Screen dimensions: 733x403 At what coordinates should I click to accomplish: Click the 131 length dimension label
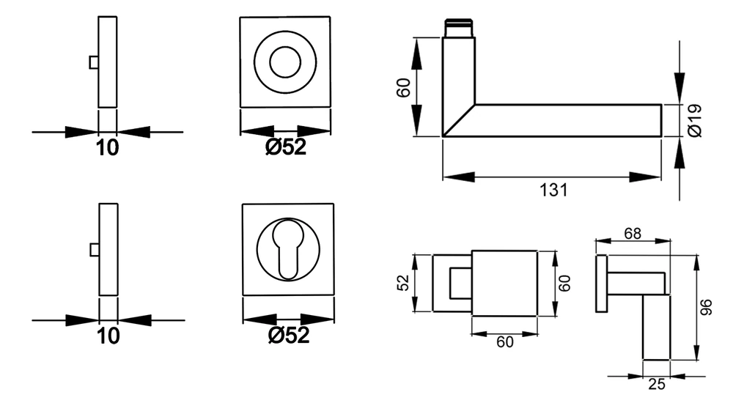(x=553, y=191)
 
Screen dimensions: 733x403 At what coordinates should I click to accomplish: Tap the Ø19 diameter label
(x=696, y=121)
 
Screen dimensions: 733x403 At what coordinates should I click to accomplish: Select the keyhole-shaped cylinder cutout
(x=288, y=250)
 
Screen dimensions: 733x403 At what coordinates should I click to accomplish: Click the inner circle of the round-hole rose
(x=285, y=62)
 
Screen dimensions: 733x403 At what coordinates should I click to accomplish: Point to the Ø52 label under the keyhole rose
(x=289, y=335)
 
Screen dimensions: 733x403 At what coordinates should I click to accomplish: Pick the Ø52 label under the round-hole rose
(x=286, y=147)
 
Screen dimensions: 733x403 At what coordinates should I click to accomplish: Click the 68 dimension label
(x=633, y=233)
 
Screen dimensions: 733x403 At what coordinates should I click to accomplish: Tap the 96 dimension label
(x=707, y=307)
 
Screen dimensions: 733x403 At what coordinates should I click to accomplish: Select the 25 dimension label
(x=656, y=384)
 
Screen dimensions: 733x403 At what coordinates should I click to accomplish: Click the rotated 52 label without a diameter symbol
(x=403, y=282)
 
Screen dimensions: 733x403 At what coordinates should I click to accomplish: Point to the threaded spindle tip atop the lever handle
(x=459, y=28)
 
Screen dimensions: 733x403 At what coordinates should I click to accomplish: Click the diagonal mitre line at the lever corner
(x=459, y=120)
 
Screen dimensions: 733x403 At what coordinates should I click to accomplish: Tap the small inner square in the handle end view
(x=460, y=283)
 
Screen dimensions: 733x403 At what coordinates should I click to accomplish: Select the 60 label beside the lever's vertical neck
(x=403, y=87)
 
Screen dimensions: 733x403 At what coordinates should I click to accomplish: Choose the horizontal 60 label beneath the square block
(x=505, y=341)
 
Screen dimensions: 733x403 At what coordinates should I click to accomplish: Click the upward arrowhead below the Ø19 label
(x=679, y=152)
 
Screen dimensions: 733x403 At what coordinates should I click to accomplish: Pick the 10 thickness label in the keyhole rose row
(x=108, y=336)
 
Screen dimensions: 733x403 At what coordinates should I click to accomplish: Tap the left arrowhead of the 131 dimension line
(x=459, y=177)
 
